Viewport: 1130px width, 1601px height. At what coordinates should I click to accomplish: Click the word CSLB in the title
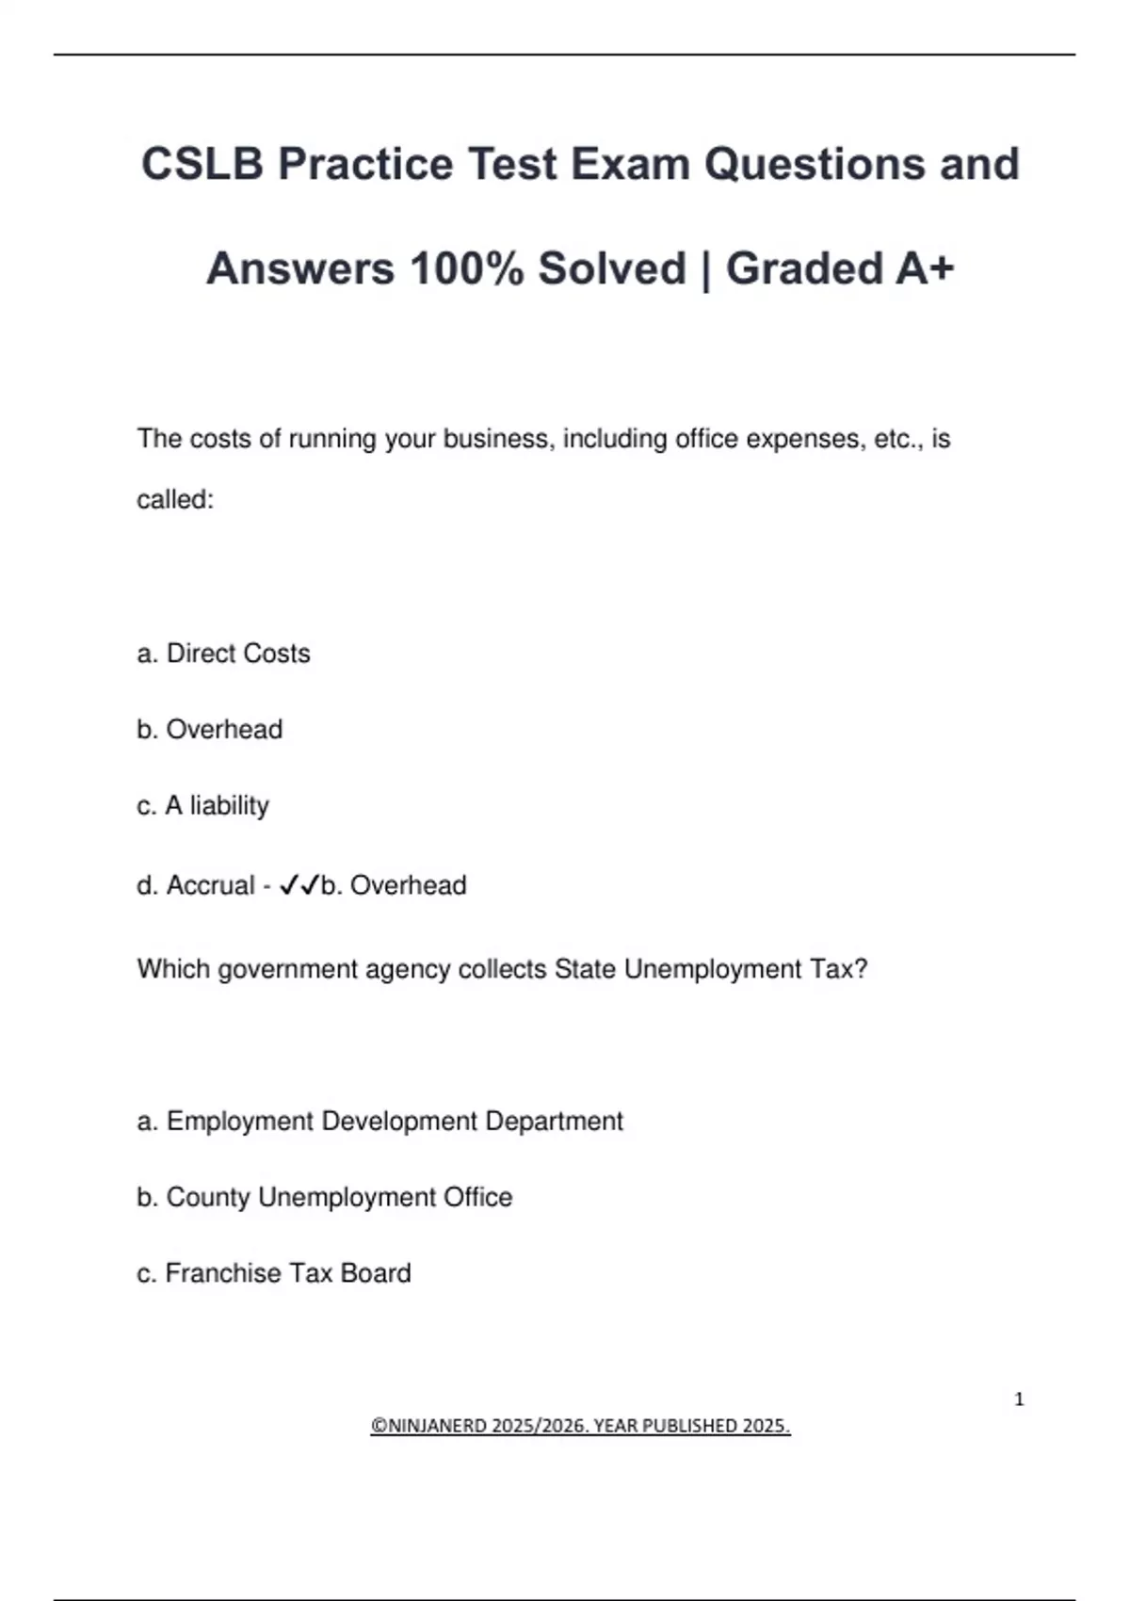pos(202,164)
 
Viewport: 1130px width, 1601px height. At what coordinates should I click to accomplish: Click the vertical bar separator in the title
pos(705,270)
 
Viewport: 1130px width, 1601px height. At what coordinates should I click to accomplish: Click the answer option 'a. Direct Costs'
pos(223,654)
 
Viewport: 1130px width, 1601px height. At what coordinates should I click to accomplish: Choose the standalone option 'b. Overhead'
pos(209,730)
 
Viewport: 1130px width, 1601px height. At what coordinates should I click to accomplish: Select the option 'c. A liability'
pos(202,806)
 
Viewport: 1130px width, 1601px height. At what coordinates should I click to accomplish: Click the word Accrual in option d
pos(210,885)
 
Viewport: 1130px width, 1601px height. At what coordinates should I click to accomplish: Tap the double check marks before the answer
pos(299,885)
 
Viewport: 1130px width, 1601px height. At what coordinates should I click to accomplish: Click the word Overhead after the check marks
pos(408,885)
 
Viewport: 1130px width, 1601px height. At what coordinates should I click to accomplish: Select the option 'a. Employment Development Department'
pos(379,1122)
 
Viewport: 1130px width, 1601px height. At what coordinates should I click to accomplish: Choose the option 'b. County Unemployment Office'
pos(324,1197)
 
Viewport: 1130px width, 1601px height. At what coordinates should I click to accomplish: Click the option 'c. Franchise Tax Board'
pos(273,1273)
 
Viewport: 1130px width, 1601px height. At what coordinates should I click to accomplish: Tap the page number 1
pos(1019,1399)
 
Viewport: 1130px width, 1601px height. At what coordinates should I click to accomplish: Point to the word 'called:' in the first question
pos(175,500)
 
